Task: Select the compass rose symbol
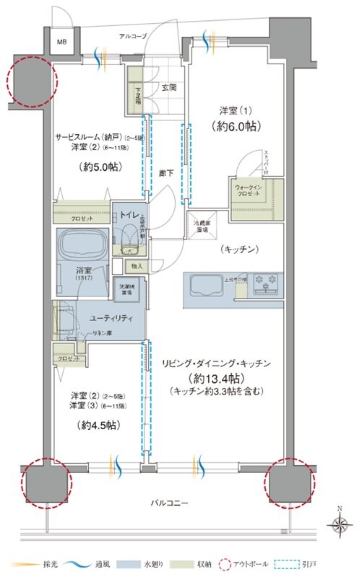coord(339,524)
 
